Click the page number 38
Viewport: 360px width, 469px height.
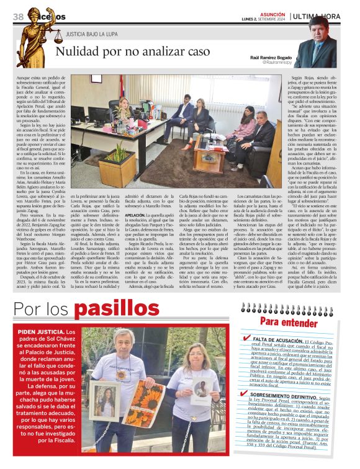point(17,16)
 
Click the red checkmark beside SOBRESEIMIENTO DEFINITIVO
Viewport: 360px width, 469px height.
point(247,395)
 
